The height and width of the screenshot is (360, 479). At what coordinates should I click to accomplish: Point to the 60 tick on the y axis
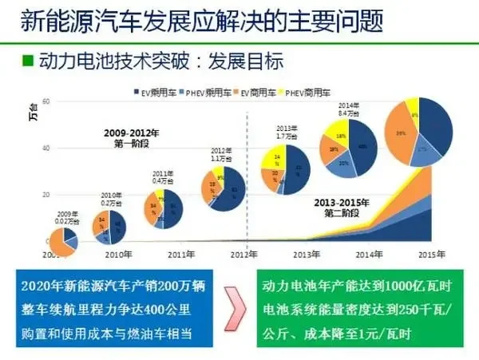point(46,102)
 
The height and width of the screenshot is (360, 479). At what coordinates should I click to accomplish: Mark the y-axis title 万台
point(33,112)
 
